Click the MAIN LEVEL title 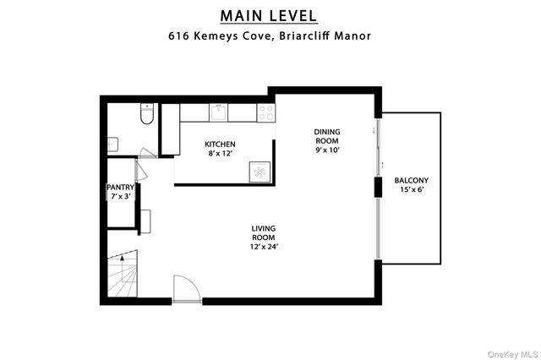pos(270,15)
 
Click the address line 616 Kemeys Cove pos(270,36)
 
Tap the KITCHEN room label pos(220,145)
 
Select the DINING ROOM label pos(326,136)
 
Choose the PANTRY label pos(120,188)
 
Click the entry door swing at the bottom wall pos(185,289)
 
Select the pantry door pos(139,169)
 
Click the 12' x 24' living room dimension pos(264,247)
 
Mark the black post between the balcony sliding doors pos(377,188)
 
